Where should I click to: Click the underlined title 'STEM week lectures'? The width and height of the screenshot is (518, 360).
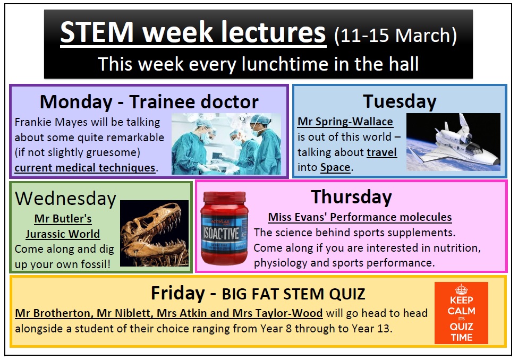193,32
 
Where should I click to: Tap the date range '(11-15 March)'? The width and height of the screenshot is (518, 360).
395,36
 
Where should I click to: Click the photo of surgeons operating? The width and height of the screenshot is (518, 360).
226,144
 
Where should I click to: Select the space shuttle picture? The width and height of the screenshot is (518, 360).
453,142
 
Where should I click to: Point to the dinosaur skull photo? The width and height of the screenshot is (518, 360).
154,233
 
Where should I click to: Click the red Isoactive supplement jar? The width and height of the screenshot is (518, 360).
224,228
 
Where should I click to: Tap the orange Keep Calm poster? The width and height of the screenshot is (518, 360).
461,313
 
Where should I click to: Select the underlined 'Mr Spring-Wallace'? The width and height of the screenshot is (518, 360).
345,122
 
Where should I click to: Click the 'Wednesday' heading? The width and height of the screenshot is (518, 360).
66,199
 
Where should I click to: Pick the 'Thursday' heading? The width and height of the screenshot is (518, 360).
352,197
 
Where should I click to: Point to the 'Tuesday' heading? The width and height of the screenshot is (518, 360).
400,102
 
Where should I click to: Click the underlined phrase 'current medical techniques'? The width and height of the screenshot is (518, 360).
85,168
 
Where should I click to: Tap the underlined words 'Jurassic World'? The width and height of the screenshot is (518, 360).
63,234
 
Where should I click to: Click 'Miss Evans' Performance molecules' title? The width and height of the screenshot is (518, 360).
360,217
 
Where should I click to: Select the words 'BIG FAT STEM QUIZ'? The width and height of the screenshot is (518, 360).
293,294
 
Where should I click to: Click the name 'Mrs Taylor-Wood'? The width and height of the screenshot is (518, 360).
277,313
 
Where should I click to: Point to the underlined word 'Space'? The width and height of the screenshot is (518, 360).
335,167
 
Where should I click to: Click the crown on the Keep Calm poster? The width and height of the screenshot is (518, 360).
461,289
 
